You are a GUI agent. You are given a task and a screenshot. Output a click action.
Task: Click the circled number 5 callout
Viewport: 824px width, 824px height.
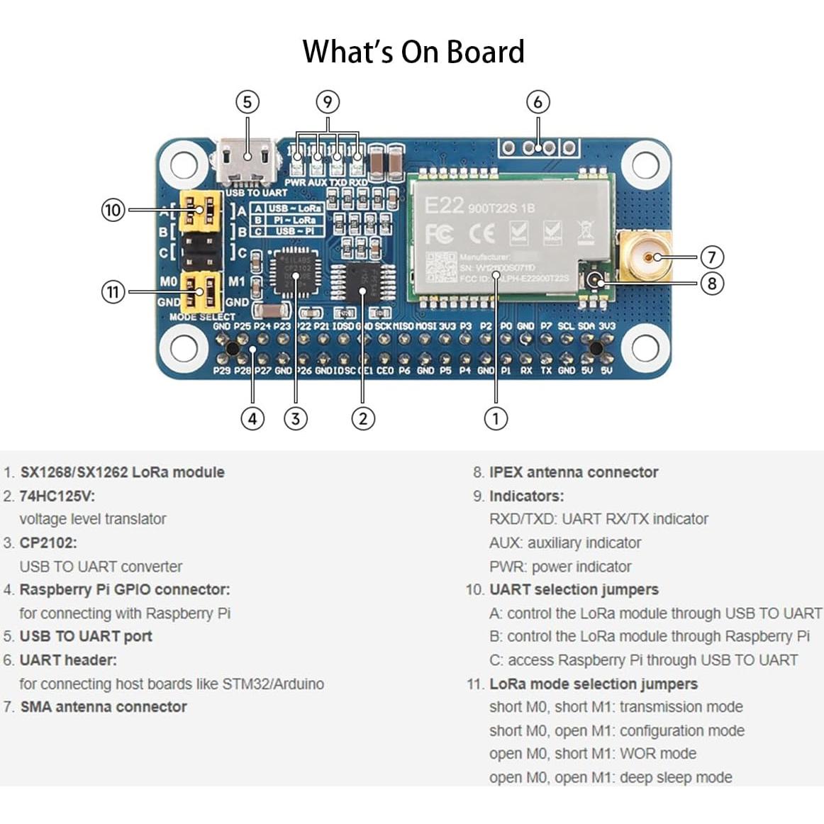coord(247,102)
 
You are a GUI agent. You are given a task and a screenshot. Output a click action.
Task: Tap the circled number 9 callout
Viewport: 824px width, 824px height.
coord(327,102)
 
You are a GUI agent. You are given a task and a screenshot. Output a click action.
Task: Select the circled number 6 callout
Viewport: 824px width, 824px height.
coord(538,102)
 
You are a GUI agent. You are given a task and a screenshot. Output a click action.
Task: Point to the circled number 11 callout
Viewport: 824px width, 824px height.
coord(113,291)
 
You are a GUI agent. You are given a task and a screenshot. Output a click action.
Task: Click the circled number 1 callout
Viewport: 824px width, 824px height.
coord(496,418)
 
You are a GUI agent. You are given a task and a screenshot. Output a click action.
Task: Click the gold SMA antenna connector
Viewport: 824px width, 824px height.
coord(645,255)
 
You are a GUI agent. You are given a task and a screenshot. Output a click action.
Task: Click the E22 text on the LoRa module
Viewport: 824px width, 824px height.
coord(443,206)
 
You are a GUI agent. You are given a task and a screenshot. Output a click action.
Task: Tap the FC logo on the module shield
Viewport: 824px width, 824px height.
coord(439,234)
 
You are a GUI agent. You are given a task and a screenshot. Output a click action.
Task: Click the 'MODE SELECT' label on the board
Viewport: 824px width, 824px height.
coord(202,317)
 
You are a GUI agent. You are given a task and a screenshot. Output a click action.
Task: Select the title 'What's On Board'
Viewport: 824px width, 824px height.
coord(413,52)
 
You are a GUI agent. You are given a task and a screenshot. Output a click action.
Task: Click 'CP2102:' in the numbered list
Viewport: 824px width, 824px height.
coord(48,542)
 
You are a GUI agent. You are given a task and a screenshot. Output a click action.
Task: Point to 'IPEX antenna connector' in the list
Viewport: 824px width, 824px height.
coord(573,472)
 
